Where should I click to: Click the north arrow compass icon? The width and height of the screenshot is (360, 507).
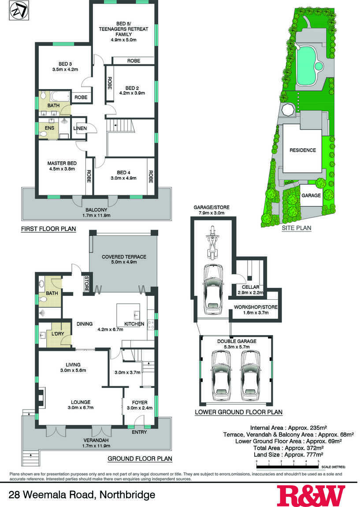pos(19,11)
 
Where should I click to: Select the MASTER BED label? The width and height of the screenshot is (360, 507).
pos(62,163)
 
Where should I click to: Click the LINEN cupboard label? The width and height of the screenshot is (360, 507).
pos(80,128)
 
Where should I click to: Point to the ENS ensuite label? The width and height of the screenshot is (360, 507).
pos(49,128)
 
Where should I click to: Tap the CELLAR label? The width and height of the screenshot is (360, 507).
pos(250,287)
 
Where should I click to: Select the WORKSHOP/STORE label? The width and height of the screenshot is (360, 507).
pos(256,307)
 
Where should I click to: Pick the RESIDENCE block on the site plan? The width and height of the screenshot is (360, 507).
pos(302,150)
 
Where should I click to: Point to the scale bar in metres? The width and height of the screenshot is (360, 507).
pos(287,466)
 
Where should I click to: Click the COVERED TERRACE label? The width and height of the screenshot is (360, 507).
pos(124,257)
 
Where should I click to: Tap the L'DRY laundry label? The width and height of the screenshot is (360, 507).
pos(58,334)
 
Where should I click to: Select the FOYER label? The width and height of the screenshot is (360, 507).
pos(140,403)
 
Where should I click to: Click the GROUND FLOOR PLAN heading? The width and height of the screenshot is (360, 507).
pos(140,459)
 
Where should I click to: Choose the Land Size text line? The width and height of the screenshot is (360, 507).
pos(289,455)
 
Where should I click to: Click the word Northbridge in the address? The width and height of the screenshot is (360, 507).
pos(127,495)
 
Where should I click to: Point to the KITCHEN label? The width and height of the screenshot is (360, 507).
pos(134,324)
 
